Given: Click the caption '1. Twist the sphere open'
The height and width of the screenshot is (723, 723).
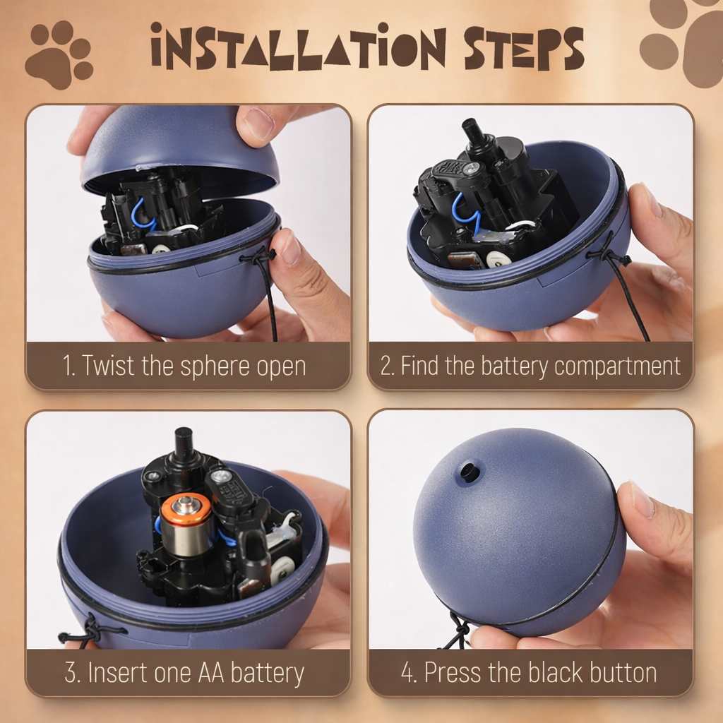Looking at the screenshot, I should tap(184, 366).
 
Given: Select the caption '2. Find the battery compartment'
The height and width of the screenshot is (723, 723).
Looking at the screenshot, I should tap(530, 366).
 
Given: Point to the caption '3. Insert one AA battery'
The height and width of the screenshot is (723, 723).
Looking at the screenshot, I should tap(184, 673).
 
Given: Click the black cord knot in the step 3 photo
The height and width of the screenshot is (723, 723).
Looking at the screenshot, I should tap(90, 626).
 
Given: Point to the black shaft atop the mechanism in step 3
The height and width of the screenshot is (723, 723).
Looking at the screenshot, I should tap(184, 443).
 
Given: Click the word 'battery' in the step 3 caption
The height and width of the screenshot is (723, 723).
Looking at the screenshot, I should tap(267, 673).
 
